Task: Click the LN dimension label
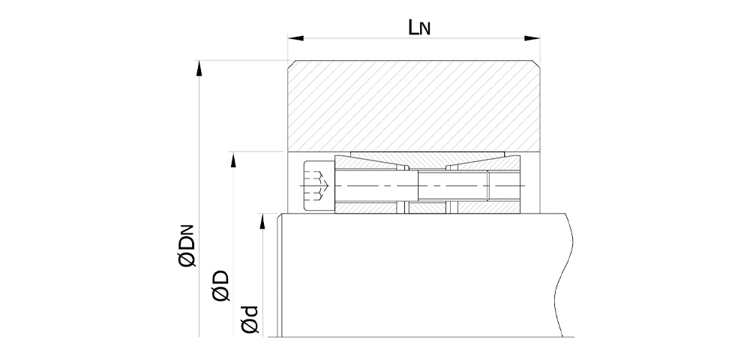point(419,28)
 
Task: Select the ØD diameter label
point(221,286)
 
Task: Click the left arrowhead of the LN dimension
point(295,37)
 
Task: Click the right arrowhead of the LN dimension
point(532,37)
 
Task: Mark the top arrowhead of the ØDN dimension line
point(199,68)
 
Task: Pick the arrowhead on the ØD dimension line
point(233,160)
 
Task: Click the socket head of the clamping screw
point(318,185)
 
